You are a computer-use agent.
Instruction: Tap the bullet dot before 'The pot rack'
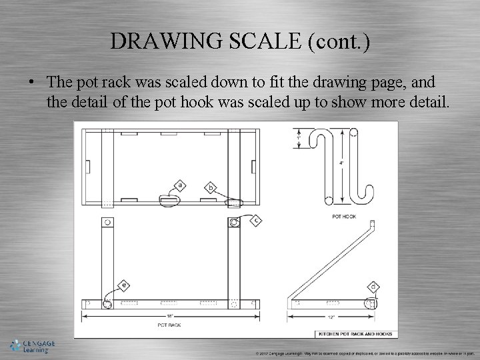(31, 83)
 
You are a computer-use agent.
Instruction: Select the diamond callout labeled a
(179, 185)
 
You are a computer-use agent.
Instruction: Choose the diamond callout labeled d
(373, 287)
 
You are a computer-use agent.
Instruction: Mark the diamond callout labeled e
(123, 285)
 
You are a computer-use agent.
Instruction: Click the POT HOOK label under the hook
(345, 217)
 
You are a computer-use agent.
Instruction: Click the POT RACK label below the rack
(170, 325)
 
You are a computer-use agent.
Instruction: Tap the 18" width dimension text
(171, 315)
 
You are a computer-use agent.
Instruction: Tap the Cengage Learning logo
(33, 346)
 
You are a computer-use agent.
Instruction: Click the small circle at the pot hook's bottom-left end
(328, 199)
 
